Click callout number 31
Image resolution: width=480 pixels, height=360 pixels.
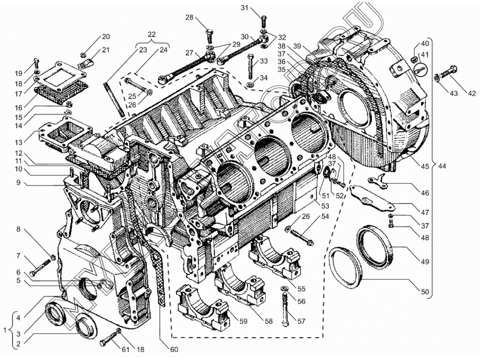coord(244,7)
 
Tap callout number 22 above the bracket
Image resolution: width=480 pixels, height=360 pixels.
coord(151,34)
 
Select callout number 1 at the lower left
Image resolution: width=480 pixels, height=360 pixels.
coord(5,330)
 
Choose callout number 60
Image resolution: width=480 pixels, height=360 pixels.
coord(174,349)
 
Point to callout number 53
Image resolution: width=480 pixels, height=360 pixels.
coord(325,205)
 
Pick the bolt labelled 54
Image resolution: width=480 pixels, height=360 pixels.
coord(303,236)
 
